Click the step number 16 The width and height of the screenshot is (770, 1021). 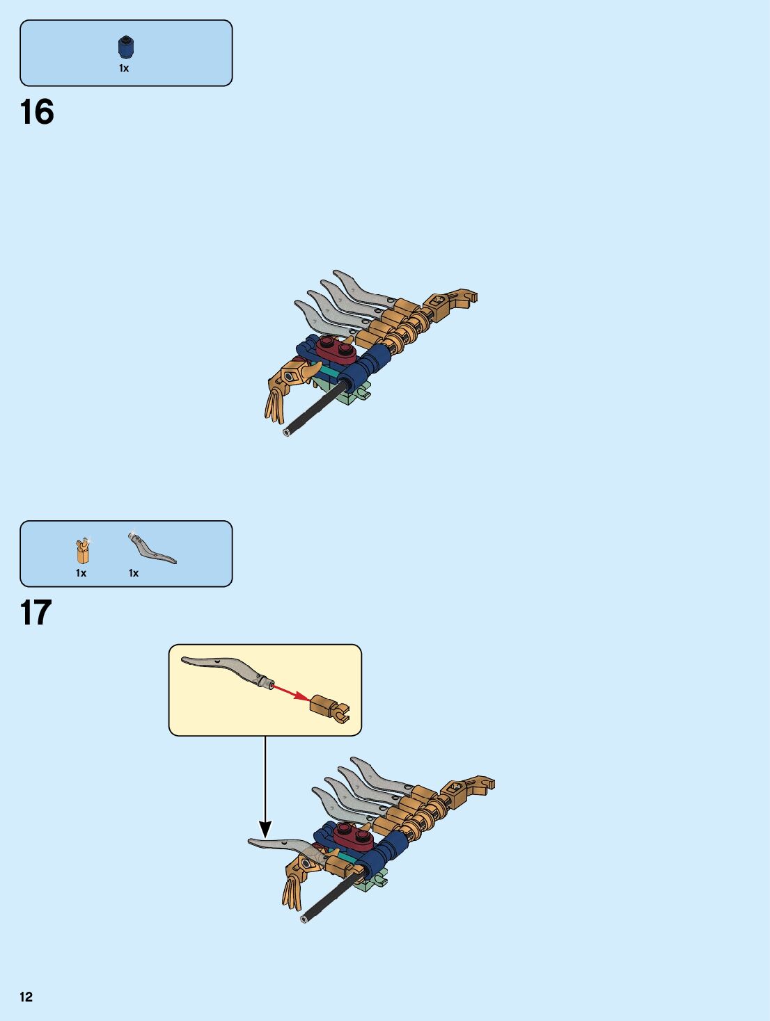[37, 113]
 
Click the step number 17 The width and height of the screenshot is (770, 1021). [36, 613]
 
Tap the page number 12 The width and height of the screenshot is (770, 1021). [26, 997]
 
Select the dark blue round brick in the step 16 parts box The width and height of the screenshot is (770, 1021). [126, 47]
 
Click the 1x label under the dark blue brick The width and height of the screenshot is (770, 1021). [124, 68]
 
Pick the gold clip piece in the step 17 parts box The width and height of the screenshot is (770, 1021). [83, 551]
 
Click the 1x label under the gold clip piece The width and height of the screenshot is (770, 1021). [81, 573]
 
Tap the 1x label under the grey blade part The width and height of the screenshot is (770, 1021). [134, 573]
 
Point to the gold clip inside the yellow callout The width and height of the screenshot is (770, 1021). [329, 707]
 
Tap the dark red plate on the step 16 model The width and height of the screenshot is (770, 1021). [336, 349]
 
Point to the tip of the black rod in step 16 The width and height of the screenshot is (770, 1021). [287, 432]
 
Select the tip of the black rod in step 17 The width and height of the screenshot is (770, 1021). [304, 919]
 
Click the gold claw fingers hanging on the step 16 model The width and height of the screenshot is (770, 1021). [275, 405]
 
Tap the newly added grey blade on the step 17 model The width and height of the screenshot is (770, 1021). [278, 846]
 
